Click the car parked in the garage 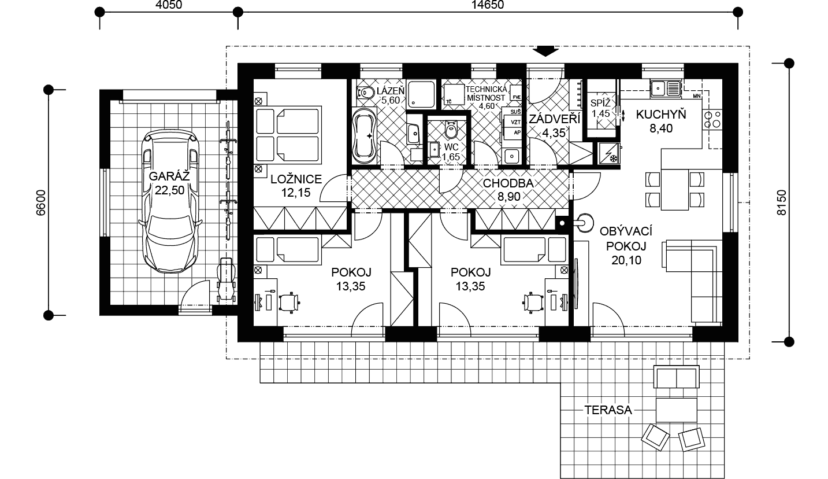pyautogui.click(x=170, y=202)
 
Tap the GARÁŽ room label pyautogui.click(x=170, y=176)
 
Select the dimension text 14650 pyautogui.click(x=488, y=5)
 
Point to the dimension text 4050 pyautogui.click(x=169, y=5)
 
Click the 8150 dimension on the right pyautogui.click(x=782, y=202)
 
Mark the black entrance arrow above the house pyautogui.click(x=545, y=51)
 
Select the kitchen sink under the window pyautogui.click(x=666, y=89)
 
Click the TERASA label pyautogui.click(x=608, y=410)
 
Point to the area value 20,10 pyautogui.click(x=626, y=260)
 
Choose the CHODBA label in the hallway pyautogui.click(x=508, y=183)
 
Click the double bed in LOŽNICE pyautogui.click(x=288, y=135)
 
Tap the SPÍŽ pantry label pyautogui.click(x=600, y=103)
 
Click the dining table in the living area pyautogui.click(x=675, y=190)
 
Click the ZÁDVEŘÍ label pyautogui.click(x=554, y=119)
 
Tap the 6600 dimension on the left pyautogui.click(x=40, y=202)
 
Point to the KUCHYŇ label pyautogui.click(x=661, y=115)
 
